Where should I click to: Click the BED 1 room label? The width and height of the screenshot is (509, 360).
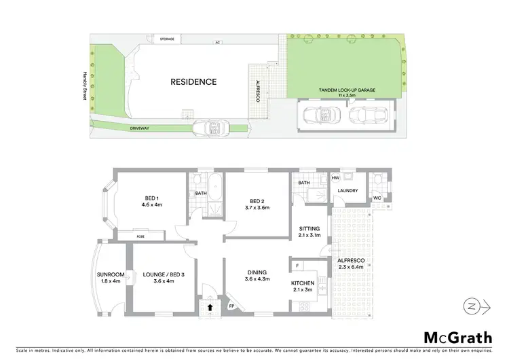(151, 201)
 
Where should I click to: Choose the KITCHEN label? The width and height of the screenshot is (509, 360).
(302, 285)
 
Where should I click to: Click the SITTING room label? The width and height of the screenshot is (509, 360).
(309, 233)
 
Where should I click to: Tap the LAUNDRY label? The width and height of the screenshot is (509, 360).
(347, 190)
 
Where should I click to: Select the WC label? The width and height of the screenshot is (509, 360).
(377, 198)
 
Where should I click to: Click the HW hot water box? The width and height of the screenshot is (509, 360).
(335, 178)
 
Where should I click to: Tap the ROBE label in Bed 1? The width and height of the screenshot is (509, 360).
(140, 236)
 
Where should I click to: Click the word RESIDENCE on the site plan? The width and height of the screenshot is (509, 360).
(194, 82)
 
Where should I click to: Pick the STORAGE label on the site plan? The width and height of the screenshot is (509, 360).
(166, 39)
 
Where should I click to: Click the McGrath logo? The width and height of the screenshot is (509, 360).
(457, 337)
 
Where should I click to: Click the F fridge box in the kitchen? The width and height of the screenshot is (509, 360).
(297, 264)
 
